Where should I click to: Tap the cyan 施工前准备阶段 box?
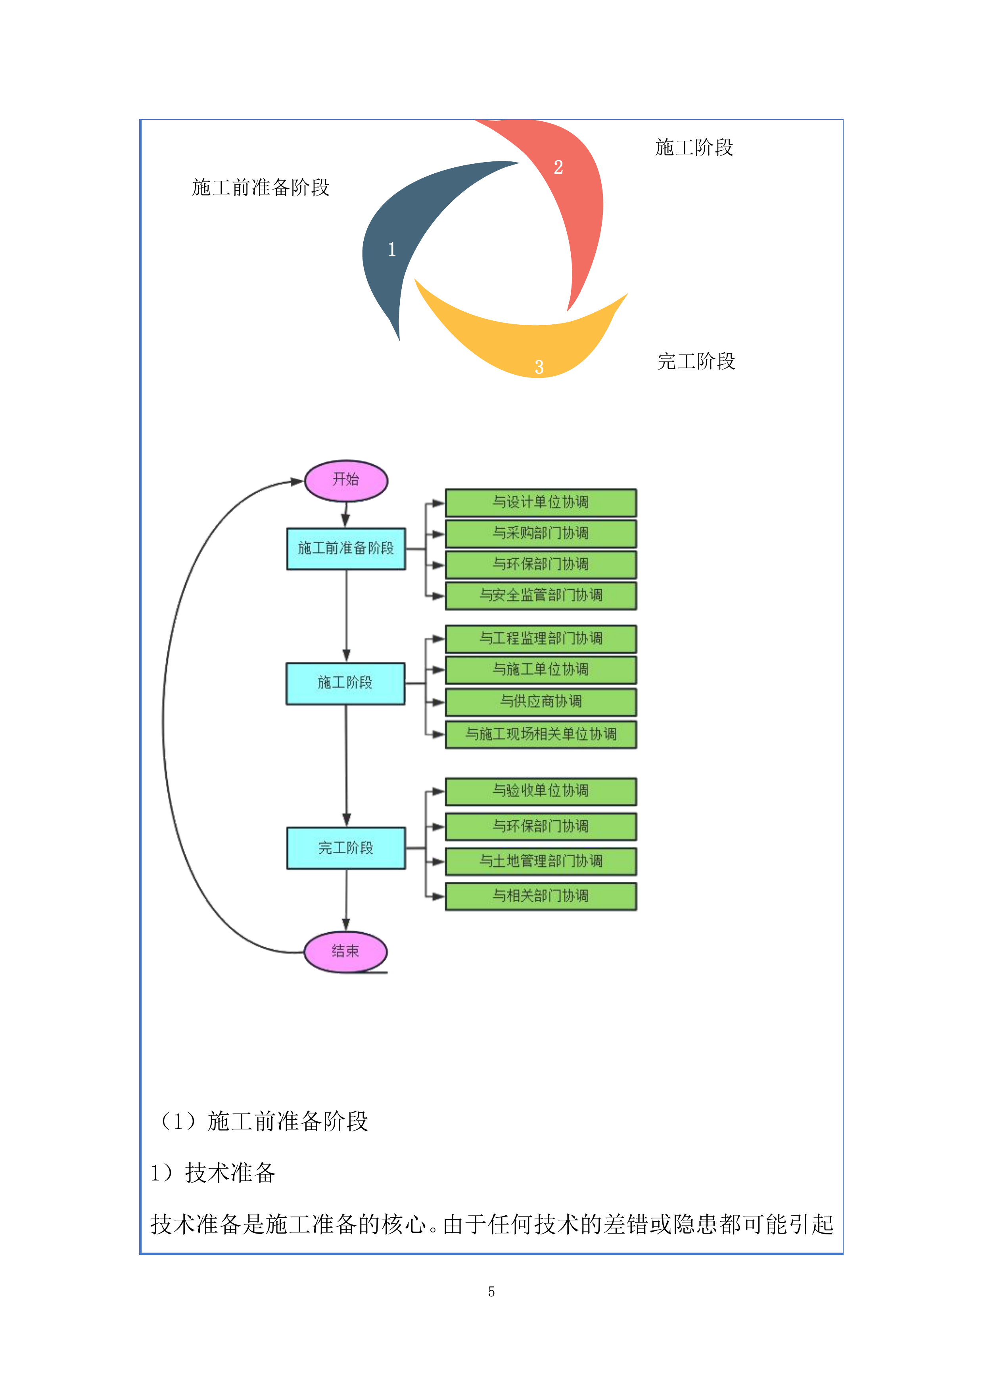coord(346,548)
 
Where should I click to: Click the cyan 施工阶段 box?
coord(345,683)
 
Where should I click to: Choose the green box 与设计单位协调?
coord(541,502)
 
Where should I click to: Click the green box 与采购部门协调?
coord(541,533)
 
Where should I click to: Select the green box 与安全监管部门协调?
coord(541,596)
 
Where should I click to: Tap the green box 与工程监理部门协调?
coord(541,638)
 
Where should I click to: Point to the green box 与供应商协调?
coord(541,701)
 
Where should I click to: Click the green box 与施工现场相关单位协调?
coord(541,734)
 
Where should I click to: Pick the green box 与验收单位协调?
coord(541,791)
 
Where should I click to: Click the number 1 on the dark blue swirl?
coord(392,249)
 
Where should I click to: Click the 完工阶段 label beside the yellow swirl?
coord(696,362)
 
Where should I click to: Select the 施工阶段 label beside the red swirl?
coord(694,147)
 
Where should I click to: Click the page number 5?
coord(491,1291)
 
